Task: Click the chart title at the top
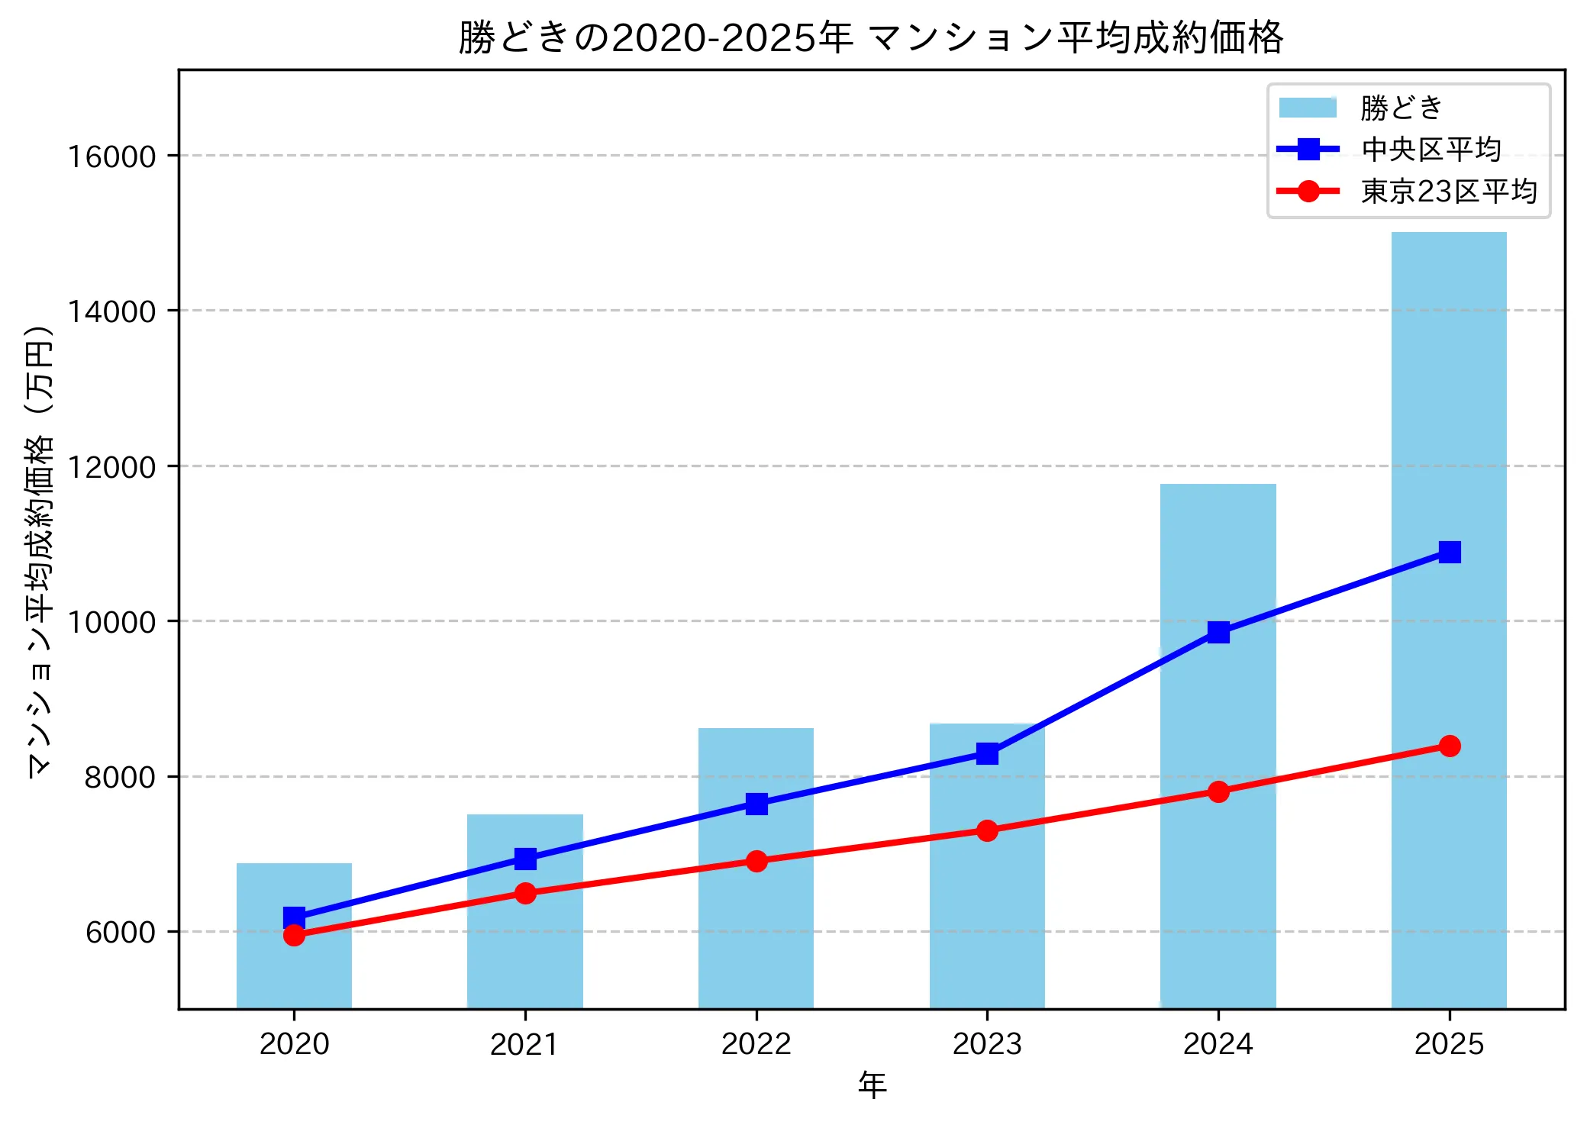pos(871,37)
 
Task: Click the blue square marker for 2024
pos(1218,632)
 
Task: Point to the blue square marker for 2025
pos(1449,552)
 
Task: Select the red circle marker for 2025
pos(1449,746)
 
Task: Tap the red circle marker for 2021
pos(525,893)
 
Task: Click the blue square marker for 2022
pos(756,804)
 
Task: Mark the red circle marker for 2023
pos(987,830)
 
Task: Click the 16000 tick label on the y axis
pos(111,156)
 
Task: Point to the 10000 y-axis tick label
pos(111,622)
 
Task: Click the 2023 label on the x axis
pos(987,1044)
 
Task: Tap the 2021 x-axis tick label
pos(524,1044)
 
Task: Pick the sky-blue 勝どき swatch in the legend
pos(1308,108)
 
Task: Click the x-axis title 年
pos(872,1085)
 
